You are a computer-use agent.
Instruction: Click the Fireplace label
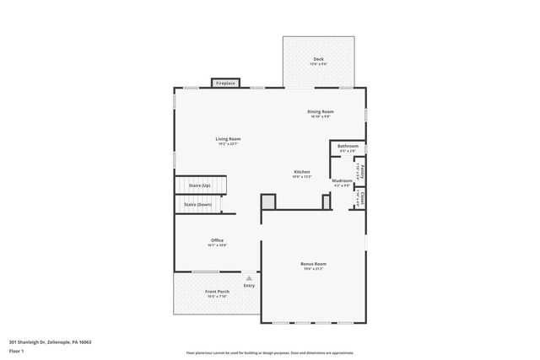[x=225, y=83]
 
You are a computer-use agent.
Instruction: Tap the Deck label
[x=317, y=59]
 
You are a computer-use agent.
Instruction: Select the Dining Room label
[x=320, y=111]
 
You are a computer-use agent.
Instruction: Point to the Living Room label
[x=228, y=138]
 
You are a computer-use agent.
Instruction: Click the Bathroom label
[x=348, y=146]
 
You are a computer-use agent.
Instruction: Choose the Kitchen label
[x=301, y=171]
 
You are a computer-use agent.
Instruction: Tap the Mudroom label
[x=342, y=180]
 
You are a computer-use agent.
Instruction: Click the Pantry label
[x=359, y=169]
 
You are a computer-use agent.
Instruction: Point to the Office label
[x=217, y=240]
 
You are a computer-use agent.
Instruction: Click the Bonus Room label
[x=313, y=264]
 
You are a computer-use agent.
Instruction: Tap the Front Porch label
[x=217, y=292]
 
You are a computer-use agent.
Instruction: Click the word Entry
[x=249, y=285]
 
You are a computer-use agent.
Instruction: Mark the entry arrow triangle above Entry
[x=249, y=277]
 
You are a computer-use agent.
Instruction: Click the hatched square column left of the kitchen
[x=268, y=201]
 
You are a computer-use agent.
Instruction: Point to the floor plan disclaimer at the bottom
[x=269, y=353]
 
